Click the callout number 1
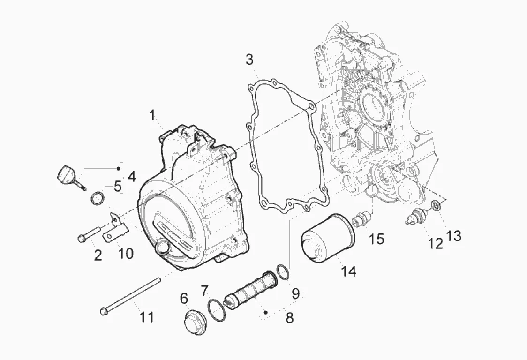coord(152,115)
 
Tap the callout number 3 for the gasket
coord(249,60)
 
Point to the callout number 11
coord(146,317)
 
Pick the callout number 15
coord(376,239)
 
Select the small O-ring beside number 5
coord(98,198)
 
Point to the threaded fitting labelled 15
coord(361,219)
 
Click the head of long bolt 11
coord(104,310)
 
